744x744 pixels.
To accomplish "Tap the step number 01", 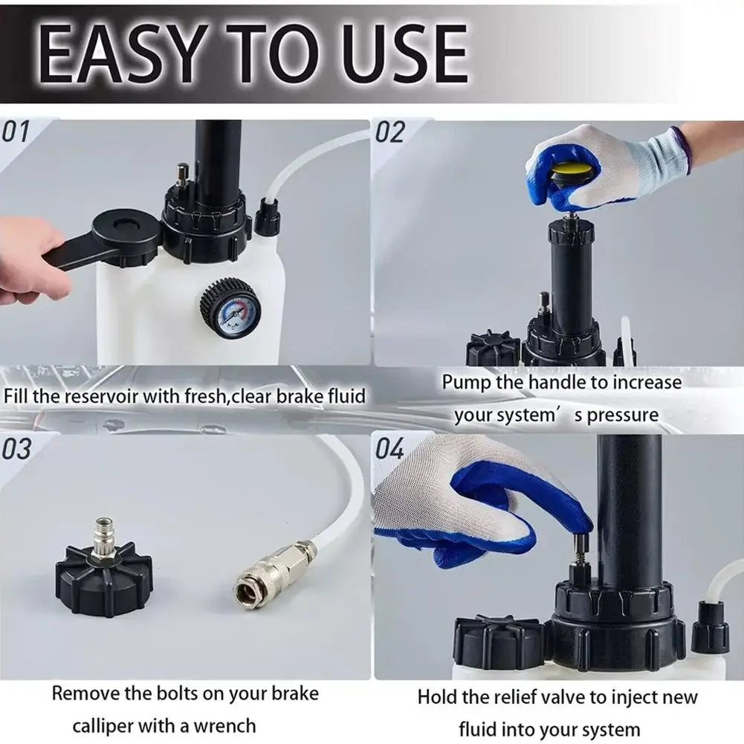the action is (x=15, y=132).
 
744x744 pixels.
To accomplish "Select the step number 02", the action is (x=390, y=132).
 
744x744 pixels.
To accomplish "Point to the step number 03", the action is (x=16, y=448).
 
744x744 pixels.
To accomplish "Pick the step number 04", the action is (x=390, y=448).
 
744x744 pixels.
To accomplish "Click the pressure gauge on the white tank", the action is (x=230, y=308).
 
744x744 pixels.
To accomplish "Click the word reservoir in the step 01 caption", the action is (x=100, y=396).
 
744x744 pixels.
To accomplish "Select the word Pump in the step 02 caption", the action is (x=466, y=383).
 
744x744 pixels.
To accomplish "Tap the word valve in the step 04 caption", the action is (x=563, y=697).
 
